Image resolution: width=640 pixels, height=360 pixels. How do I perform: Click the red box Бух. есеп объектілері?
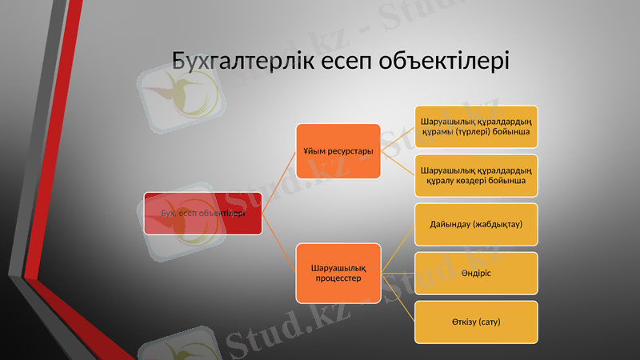pos(203,213)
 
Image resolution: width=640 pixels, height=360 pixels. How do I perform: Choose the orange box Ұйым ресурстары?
pos(338,151)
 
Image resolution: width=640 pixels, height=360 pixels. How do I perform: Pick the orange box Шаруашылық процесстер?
pos(338,273)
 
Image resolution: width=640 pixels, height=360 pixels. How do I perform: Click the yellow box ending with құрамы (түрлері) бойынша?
pos(475,126)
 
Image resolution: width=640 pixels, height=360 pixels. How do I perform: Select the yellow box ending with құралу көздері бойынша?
pos(475,176)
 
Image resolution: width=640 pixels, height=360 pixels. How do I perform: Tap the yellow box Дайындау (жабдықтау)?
pos(475,224)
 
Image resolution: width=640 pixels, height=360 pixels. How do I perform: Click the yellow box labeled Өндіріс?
pos(475,273)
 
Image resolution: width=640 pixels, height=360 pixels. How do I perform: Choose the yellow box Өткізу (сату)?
pos(475,322)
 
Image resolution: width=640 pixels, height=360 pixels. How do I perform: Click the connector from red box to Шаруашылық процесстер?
pos(280,243)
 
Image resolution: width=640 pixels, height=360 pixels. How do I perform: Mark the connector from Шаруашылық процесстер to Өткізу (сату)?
pos(398,298)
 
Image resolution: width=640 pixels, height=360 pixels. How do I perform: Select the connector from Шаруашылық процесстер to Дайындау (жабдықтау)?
pos(398,248)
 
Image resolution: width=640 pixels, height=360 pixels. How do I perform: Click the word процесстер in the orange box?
pos(338,279)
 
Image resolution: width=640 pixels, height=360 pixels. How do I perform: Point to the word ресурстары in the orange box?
pos(352,151)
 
